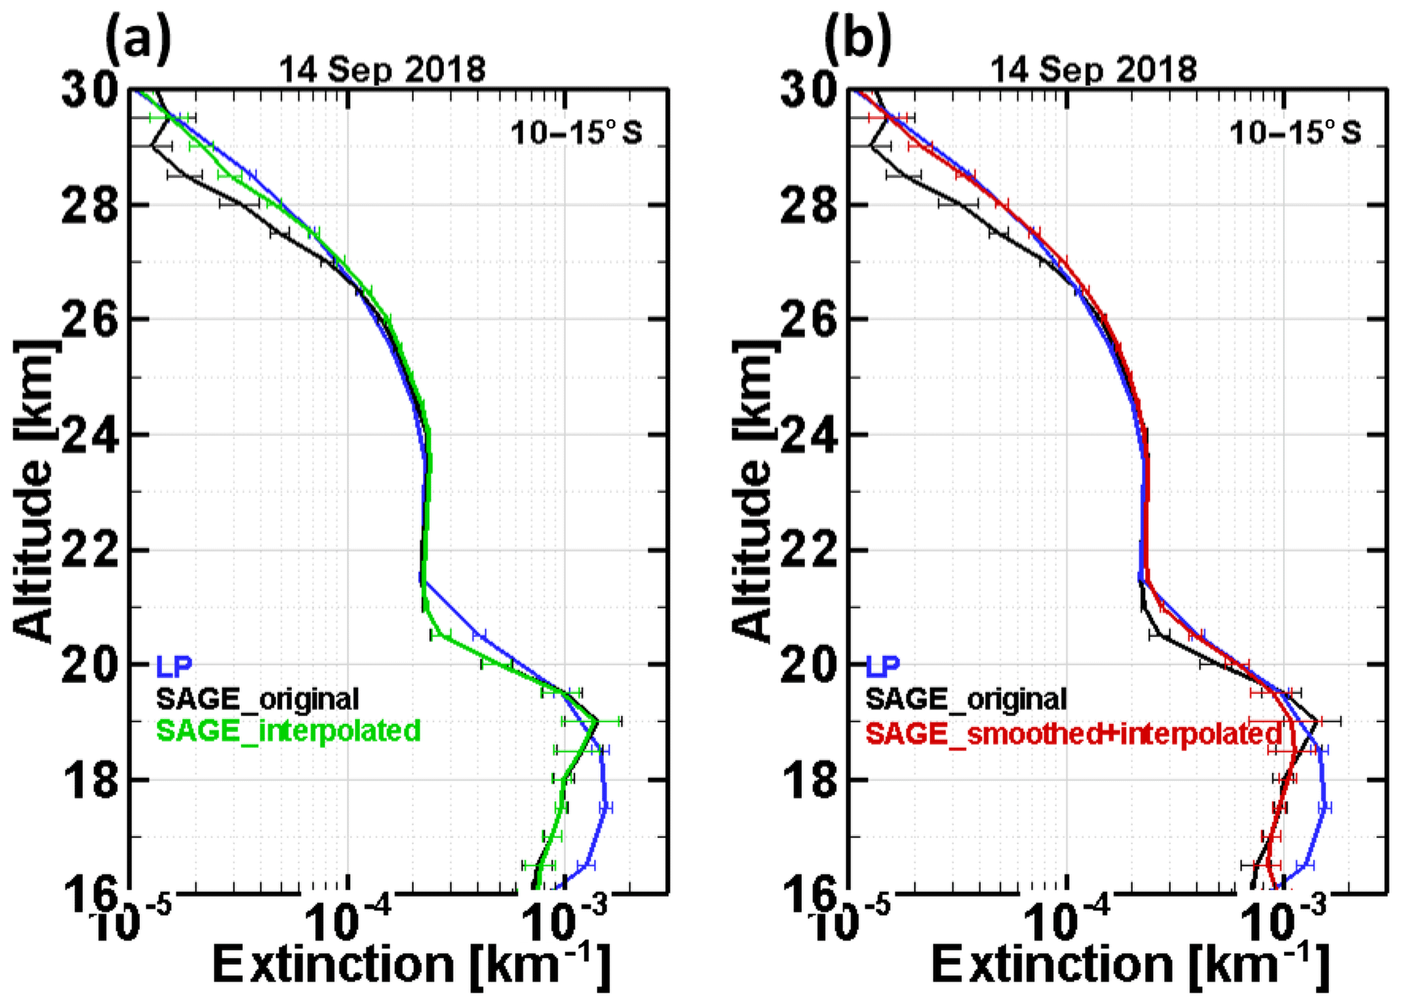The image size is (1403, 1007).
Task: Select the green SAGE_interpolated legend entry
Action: coord(288,731)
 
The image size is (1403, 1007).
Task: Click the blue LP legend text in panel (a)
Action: coord(174,666)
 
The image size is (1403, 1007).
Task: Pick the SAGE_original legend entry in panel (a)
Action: coord(257,698)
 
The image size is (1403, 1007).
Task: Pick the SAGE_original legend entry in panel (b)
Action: coord(966,698)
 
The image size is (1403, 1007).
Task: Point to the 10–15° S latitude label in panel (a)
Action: coord(576,134)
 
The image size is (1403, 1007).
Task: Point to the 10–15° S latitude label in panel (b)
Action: coord(1295,134)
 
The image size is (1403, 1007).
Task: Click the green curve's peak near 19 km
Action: coord(596,721)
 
